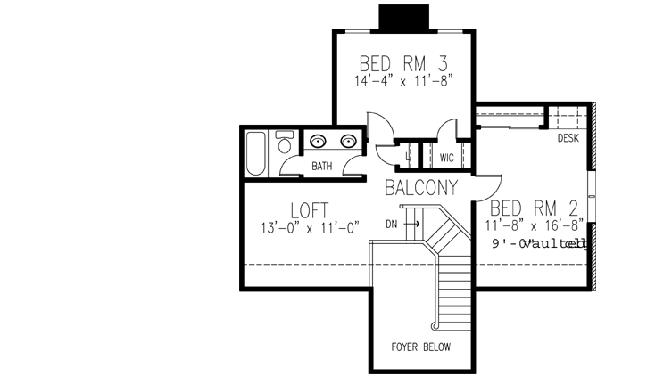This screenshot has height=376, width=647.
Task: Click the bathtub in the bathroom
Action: pyautogui.click(x=256, y=153)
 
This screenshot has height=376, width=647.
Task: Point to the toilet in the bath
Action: pyautogui.click(x=285, y=143)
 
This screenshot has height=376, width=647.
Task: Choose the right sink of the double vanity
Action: pyautogui.click(x=349, y=140)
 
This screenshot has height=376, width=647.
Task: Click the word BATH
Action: pyautogui.click(x=322, y=166)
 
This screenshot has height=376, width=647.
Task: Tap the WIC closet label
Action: pyautogui.click(x=447, y=158)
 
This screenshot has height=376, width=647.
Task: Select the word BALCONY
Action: pyautogui.click(x=421, y=188)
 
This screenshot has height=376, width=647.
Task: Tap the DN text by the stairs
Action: pyautogui.click(x=391, y=224)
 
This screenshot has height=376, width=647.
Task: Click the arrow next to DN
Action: pyautogui.click(x=411, y=224)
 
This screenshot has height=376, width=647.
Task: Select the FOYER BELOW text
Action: pyautogui.click(x=420, y=347)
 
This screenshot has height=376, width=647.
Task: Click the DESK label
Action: pyautogui.click(x=568, y=139)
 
